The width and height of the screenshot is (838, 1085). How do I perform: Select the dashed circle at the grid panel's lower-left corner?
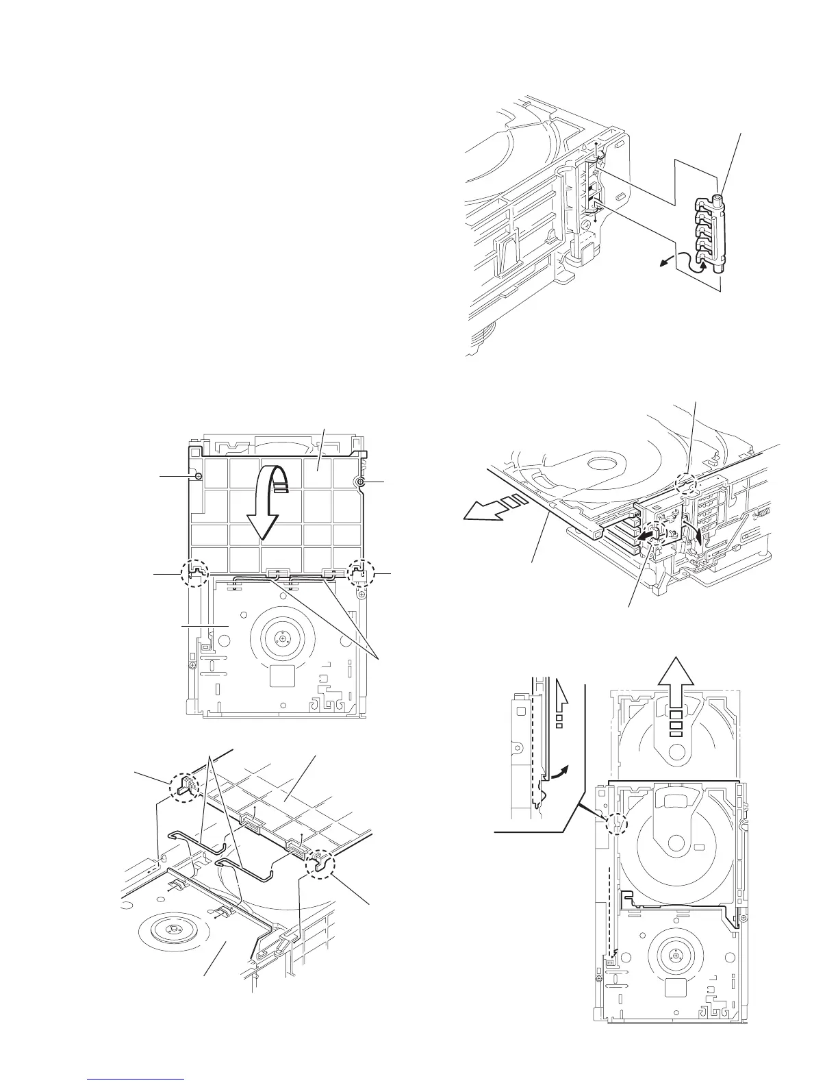(195, 573)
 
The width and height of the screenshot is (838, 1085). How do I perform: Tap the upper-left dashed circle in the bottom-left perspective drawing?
(184, 786)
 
